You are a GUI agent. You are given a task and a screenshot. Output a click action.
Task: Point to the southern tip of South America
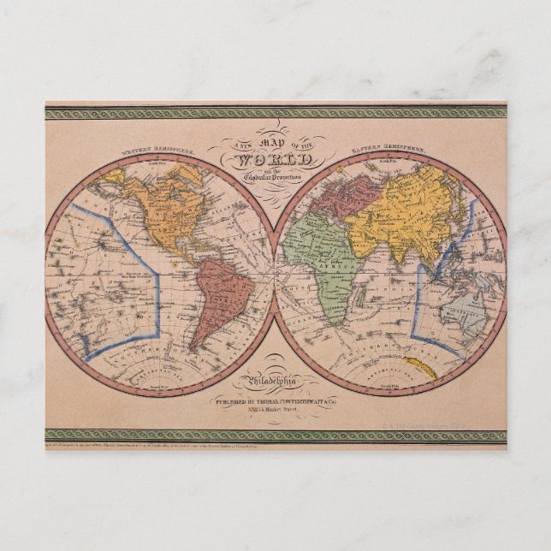[194, 348]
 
